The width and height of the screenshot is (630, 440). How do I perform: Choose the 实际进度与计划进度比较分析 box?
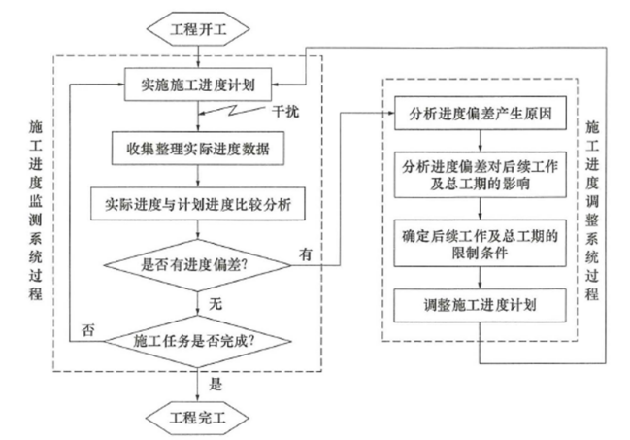199,205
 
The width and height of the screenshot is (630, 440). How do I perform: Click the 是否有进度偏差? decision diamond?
199,261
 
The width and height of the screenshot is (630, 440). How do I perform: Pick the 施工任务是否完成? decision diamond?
199,340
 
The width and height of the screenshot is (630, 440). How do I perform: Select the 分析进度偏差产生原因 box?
481,115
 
